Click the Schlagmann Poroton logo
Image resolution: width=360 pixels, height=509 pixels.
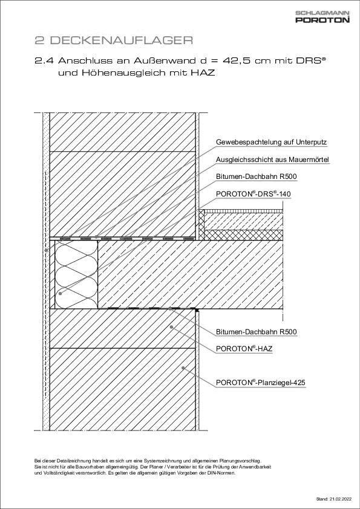click(x=322, y=17)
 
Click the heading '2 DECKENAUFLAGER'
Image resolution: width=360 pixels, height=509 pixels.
click(x=113, y=41)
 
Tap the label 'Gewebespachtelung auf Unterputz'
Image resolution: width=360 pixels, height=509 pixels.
click(x=271, y=142)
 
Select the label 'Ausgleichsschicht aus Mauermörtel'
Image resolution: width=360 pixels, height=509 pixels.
click(x=272, y=160)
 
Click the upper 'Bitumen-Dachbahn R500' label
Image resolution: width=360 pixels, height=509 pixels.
click(x=257, y=177)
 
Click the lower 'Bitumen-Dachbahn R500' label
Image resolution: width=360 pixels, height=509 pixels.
click(x=257, y=332)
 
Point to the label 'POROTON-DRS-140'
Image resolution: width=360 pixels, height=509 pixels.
click(x=254, y=193)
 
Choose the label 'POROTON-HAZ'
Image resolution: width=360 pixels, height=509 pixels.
click(x=242, y=349)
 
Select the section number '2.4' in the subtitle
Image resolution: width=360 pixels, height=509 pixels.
click(x=44, y=60)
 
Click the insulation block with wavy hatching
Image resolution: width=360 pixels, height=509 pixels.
click(x=76, y=274)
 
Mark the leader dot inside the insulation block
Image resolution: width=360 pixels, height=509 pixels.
click(x=60, y=293)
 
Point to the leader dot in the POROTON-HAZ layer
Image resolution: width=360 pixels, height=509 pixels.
click(x=172, y=327)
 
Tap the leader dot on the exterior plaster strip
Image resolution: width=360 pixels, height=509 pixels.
click(x=46, y=250)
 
